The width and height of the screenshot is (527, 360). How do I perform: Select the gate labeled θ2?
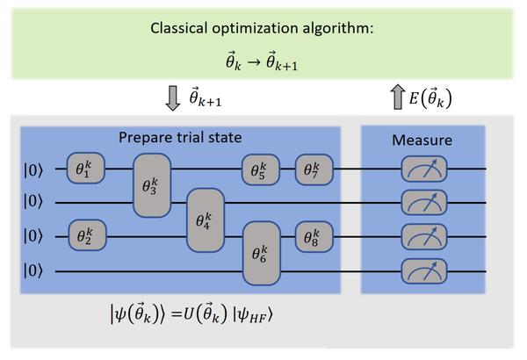[x=85, y=236]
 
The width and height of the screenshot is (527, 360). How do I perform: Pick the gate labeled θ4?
[x=204, y=220]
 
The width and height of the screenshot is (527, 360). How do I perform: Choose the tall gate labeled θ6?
[x=259, y=254]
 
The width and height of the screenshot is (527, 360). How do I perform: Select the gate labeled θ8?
[x=314, y=236]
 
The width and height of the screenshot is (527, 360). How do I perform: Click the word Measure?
[x=422, y=140]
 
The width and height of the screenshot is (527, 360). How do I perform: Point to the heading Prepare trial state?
[x=183, y=139]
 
